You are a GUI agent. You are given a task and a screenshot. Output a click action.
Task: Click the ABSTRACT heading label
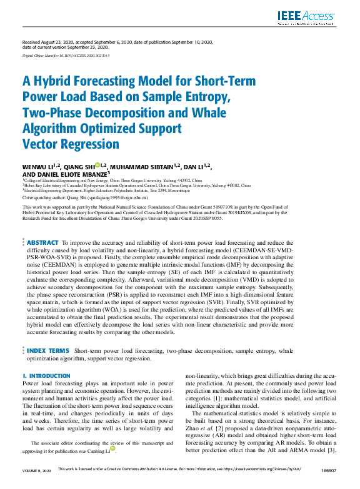tap(42, 242)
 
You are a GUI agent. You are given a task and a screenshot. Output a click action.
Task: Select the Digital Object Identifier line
tap(66, 56)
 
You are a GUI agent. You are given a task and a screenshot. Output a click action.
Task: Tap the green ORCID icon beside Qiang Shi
tap(97, 165)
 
